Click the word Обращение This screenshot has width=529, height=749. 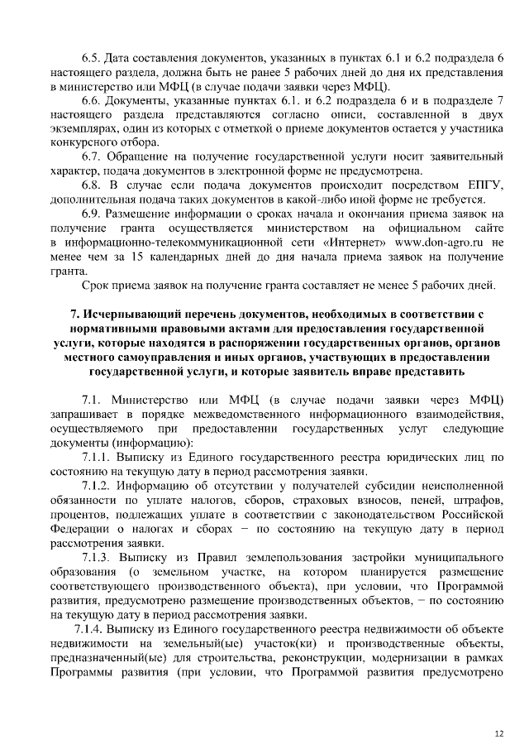[x=141, y=156]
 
